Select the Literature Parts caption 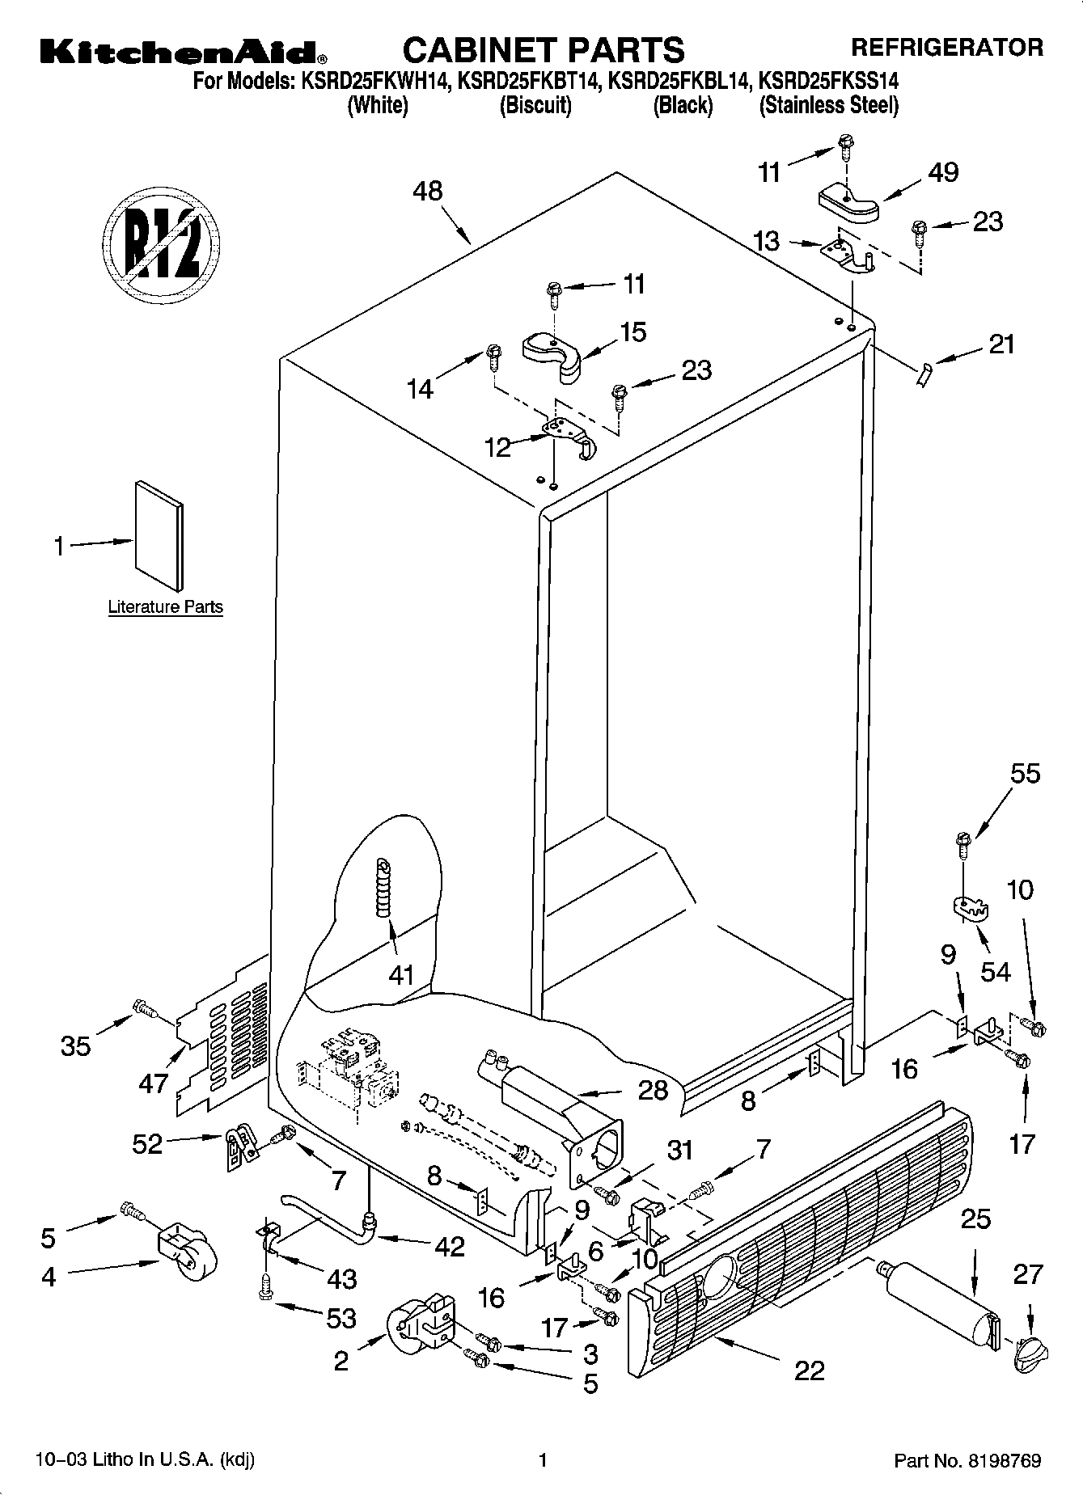coord(165,607)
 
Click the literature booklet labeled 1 coord(159,537)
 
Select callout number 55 coord(1025,774)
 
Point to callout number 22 coord(809,1370)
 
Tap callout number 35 coord(76,1046)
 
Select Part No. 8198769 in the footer coord(967,1460)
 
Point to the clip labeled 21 coord(924,374)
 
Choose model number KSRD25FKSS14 coord(828,81)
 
